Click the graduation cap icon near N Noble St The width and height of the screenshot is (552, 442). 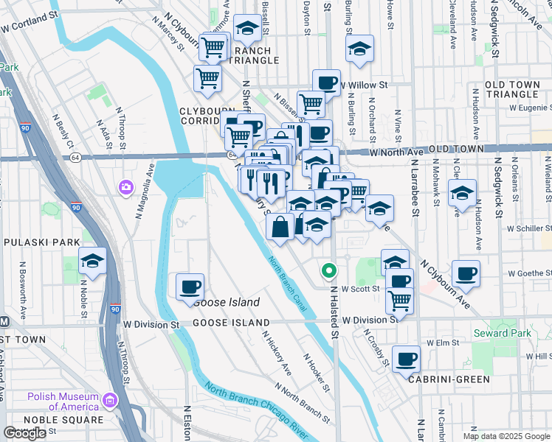point(93,261)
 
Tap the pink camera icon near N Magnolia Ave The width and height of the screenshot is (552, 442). point(125,188)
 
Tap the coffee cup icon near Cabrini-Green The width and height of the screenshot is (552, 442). point(407,359)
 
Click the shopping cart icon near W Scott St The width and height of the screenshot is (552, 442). point(399,300)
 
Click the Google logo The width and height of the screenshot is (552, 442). point(25,433)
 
